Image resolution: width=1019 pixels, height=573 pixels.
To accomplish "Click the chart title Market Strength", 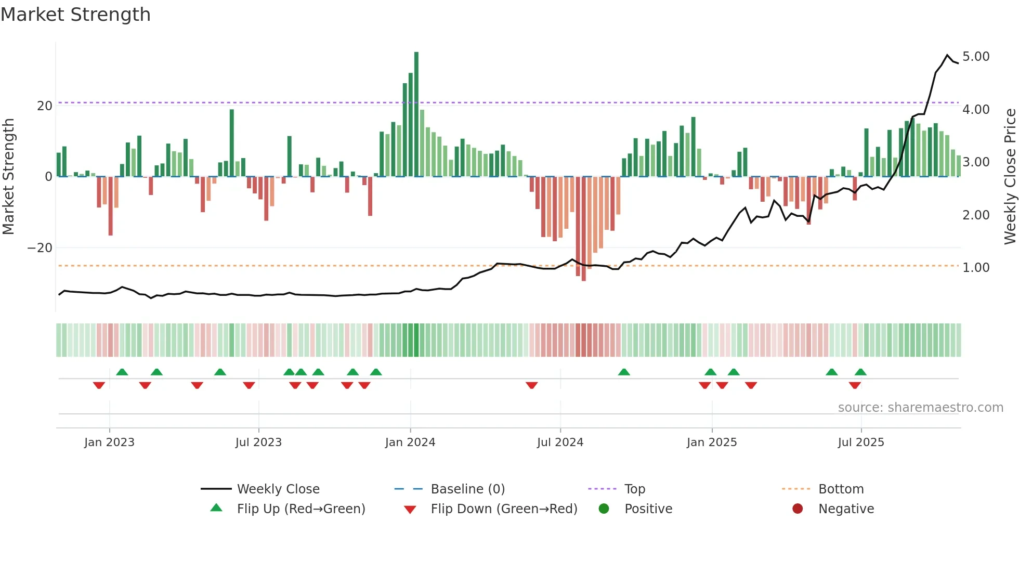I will (x=76, y=15).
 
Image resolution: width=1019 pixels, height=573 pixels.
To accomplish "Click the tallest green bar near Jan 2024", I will (x=416, y=114).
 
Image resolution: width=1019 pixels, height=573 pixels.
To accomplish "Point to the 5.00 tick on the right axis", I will (x=975, y=57).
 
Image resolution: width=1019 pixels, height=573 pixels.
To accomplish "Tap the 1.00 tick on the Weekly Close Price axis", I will (x=975, y=268).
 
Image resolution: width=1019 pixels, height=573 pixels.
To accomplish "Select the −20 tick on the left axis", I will (x=40, y=248).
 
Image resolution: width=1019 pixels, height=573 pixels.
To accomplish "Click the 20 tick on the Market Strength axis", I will (x=45, y=106).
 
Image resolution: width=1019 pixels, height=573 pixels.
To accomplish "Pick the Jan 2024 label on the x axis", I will (x=410, y=442).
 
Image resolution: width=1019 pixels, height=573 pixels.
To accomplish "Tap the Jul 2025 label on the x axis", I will (x=860, y=442).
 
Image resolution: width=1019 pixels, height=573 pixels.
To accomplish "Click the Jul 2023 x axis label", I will (x=258, y=442).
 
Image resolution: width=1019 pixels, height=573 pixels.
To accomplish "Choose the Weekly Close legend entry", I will (x=278, y=489).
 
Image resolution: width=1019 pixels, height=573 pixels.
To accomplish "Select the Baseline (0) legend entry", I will (x=467, y=489).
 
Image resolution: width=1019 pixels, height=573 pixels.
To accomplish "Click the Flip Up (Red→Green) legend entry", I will (x=301, y=509).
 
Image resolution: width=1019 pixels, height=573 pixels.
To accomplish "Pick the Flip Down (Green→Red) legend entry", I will (x=504, y=509).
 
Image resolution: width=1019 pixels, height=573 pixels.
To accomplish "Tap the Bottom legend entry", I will (x=841, y=489).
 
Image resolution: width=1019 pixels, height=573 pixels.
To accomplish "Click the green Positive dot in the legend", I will (x=604, y=509).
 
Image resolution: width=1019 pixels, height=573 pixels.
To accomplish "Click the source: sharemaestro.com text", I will (x=920, y=408).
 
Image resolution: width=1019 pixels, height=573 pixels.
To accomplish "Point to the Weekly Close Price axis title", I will (x=1010, y=176).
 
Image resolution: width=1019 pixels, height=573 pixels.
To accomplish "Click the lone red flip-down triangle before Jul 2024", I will (x=531, y=385).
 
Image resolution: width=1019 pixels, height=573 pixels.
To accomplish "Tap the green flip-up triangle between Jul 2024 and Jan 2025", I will (x=624, y=372).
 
